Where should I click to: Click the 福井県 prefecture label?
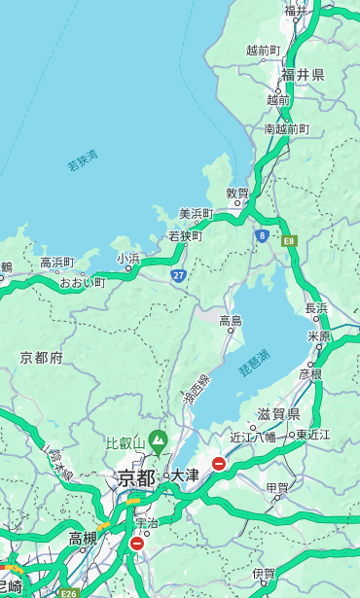pyautogui.click(x=303, y=75)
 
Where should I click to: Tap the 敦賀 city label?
pyautogui.click(x=237, y=193)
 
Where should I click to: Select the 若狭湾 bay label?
pyautogui.click(x=83, y=160)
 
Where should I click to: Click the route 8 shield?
pyautogui.click(x=262, y=235)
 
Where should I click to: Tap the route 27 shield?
pyautogui.click(x=179, y=276)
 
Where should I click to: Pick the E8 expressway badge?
pyautogui.click(x=289, y=239)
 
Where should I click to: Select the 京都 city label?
pyautogui.click(x=135, y=477)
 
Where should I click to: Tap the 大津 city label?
pyautogui.click(x=185, y=475)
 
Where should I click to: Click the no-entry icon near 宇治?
pyautogui.click(x=136, y=544)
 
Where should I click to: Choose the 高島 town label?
pyautogui.click(x=231, y=321)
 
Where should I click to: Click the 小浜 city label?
pyautogui.click(x=128, y=259)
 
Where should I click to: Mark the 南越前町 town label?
pyautogui.click(x=286, y=128)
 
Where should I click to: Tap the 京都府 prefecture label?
pyautogui.click(x=42, y=358)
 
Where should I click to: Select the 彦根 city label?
pyautogui.click(x=309, y=373)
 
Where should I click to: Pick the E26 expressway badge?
pyautogui.click(x=68, y=592)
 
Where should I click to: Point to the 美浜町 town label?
pyautogui.click(x=196, y=214)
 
